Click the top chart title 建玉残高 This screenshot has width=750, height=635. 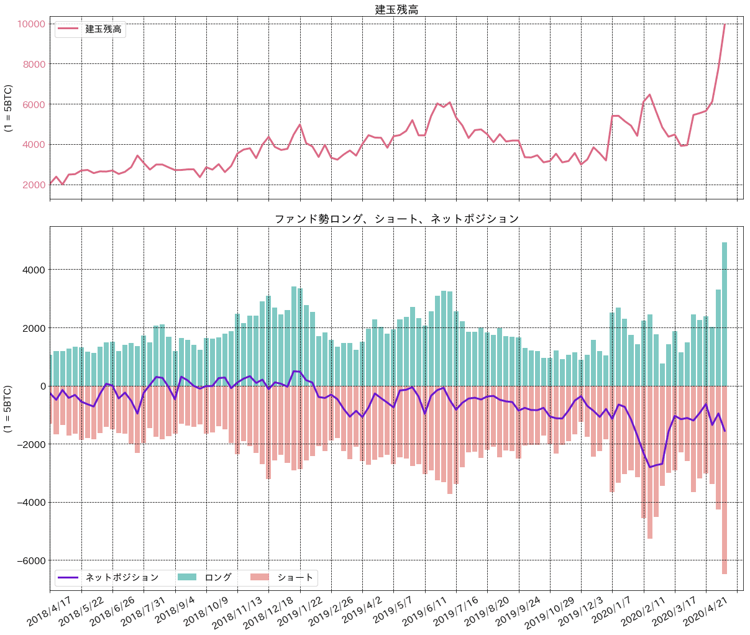[x=396, y=9]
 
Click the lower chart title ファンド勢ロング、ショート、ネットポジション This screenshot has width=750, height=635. [x=396, y=219]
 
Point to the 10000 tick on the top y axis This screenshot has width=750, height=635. [x=30, y=24]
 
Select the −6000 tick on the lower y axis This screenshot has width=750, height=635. [x=29, y=560]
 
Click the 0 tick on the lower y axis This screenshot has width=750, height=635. [x=42, y=386]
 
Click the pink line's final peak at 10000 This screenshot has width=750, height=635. [x=725, y=25]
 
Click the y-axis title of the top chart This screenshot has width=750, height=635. [x=9, y=108]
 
